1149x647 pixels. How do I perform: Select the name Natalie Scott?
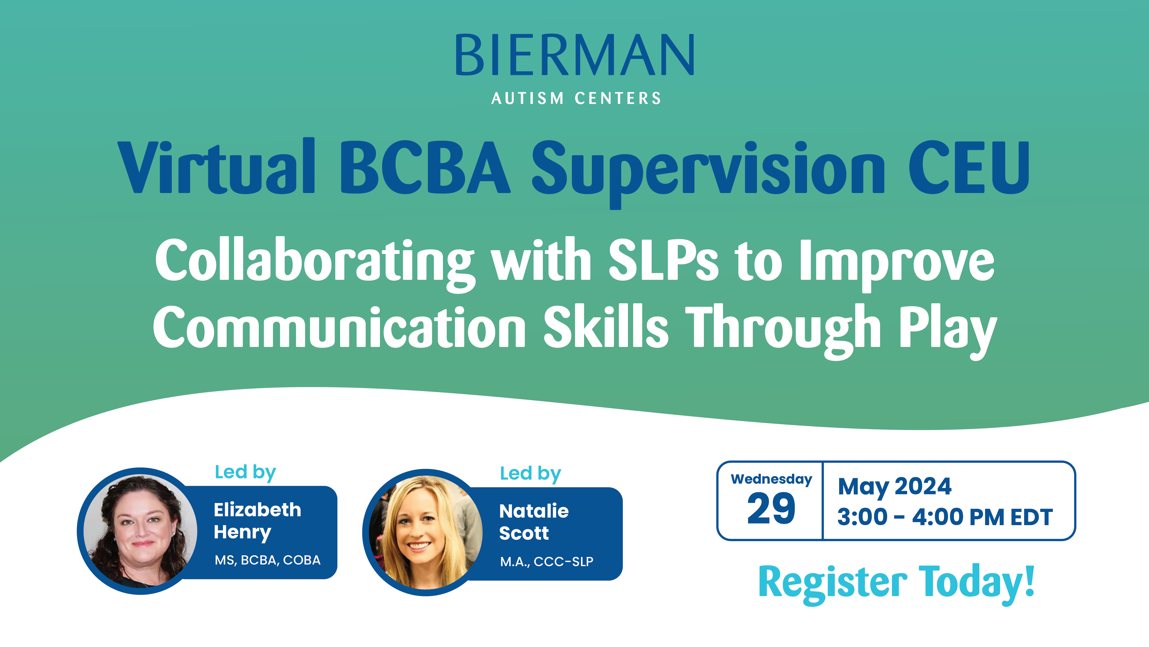tap(533, 522)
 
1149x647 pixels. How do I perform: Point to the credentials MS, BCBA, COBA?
tap(268, 560)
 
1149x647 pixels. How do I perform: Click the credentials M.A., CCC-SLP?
tap(546, 561)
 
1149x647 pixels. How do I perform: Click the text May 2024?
tap(894, 487)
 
